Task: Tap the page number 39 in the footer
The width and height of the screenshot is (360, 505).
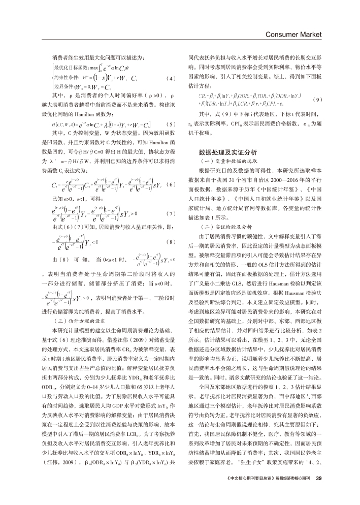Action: (x=319, y=492)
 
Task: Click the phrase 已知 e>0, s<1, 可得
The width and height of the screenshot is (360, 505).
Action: (x=77, y=197)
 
